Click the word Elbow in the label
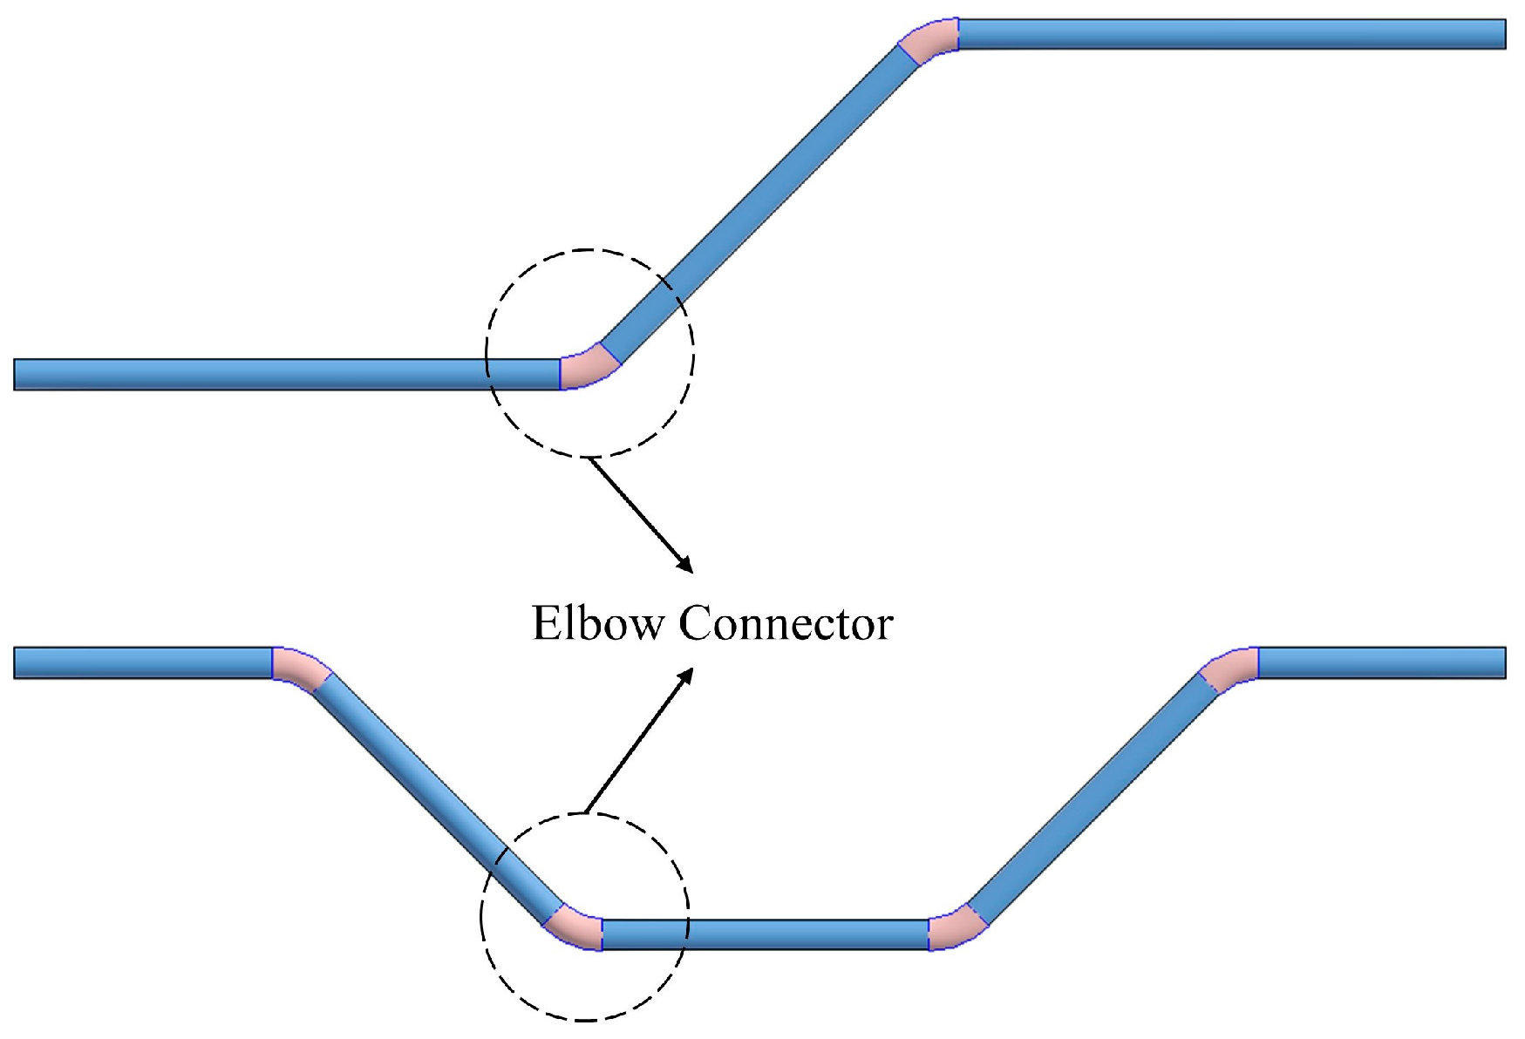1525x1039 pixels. click(x=597, y=624)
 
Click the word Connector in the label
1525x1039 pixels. click(x=786, y=624)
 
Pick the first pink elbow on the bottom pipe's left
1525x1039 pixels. click(x=300, y=669)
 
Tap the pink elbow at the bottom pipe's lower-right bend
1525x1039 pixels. click(x=956, y=928)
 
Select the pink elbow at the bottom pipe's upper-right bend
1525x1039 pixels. click(x=1230, y=669)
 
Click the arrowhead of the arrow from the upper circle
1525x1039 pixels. click(x=687, y=566)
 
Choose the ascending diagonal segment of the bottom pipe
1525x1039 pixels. click(x=1094, y=798)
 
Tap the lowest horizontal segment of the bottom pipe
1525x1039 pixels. click(x=766, y=934)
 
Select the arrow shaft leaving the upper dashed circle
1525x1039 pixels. click(x=637, y=510)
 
